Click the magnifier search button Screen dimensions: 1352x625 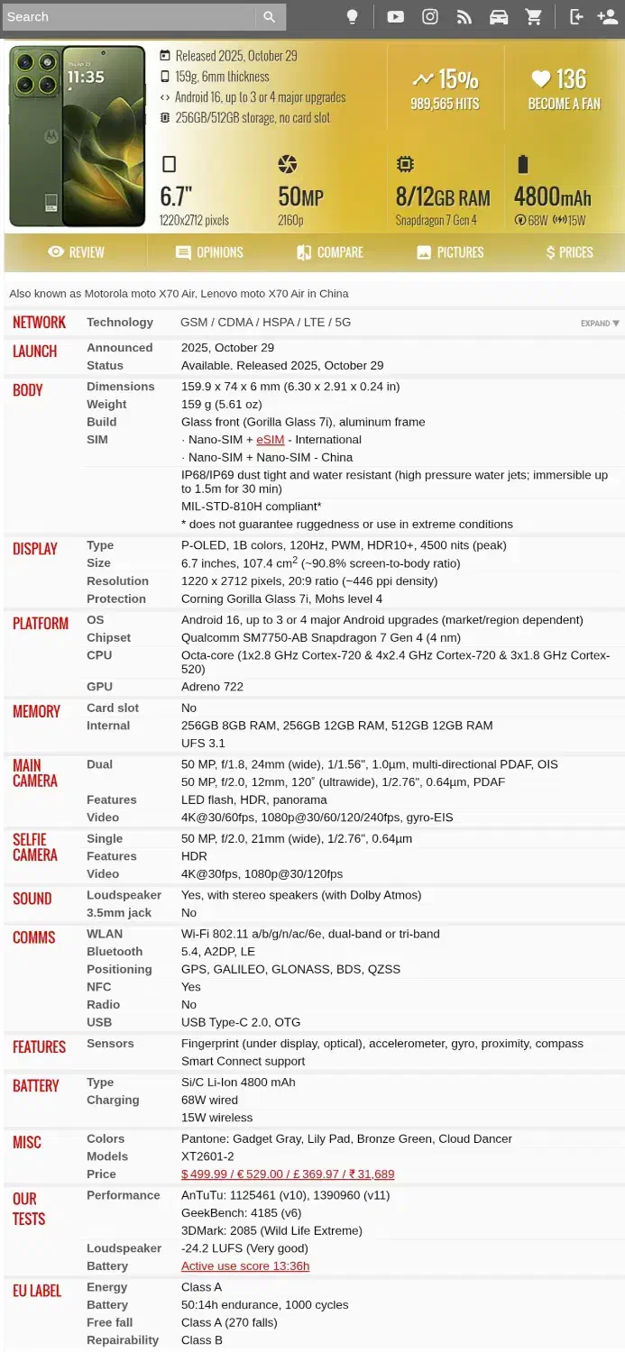point(269,16)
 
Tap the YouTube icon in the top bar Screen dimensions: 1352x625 point(395,16)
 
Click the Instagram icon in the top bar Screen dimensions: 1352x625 point(430,16)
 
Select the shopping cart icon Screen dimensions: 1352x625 point(534,16)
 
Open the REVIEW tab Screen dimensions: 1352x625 point(76,252)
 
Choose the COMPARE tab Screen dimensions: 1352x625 point(330,252)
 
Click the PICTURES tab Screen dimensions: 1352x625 point(450,252)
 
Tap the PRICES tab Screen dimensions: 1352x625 point(569,252)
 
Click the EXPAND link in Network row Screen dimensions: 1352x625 point(600,324)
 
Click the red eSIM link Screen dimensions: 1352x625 point(270,440)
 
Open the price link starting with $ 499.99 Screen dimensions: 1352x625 point(288,1174)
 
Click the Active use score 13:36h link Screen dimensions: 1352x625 point(245,1266)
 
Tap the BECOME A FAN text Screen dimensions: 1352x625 point(564,104)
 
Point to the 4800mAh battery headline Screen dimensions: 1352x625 point(552,197)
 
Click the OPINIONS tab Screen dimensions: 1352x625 point(209,252)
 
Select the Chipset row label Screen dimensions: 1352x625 point(108,638)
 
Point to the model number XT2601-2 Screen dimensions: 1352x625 point(207,1156)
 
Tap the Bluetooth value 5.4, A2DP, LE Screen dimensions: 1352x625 point(218,952)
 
